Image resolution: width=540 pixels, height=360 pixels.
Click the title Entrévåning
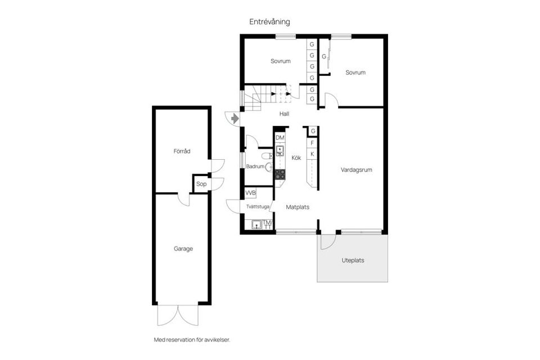click(x=269, y=21)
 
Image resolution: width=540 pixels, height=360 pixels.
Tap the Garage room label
click(x=183, y=249)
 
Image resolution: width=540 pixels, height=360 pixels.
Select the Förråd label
click(x=182, y=151)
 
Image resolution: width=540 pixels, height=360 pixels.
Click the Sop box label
click(x=201, y=184)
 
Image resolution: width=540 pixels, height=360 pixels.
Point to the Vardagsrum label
click(x=356, y=169)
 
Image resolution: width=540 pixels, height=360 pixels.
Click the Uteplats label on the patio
click(x=353, y=260)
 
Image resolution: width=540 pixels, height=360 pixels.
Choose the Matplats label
click(x=298, y=207)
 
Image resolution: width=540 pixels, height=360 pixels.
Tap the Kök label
click(x=296, y=158)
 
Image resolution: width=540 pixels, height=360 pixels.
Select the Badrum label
click(x=255, y=166)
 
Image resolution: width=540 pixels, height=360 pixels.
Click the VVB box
click(x=250, y=193)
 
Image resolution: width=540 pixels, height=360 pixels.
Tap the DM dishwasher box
click(x=280, y=138)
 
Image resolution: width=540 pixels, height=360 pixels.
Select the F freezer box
click(x=312, y=143)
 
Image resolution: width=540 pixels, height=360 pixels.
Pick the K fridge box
click(x=312, y=154)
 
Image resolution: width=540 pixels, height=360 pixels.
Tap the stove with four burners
click(x=280, y=174)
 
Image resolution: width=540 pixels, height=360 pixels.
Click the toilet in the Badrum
click(x=267, y=156)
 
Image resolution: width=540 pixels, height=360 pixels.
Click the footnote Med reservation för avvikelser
click(x=192, y=340)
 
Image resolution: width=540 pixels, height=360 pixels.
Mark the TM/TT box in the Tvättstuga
click(x=267, y=224)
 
